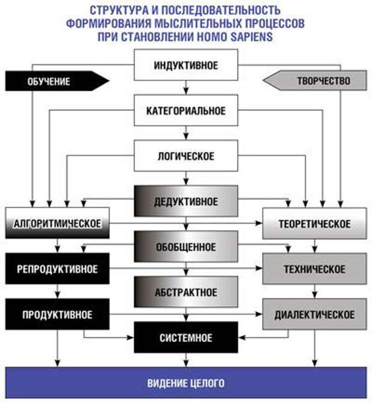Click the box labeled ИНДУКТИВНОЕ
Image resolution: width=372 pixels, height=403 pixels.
point(185,64)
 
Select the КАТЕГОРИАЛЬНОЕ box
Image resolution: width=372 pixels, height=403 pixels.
point(185,111)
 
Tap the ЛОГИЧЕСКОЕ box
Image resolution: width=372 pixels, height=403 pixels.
point(185,157)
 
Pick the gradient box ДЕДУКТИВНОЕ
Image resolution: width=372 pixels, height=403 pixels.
point(185,201)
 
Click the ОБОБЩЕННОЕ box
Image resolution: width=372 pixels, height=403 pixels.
point(185,246)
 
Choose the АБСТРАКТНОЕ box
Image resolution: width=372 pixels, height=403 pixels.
point(185,292)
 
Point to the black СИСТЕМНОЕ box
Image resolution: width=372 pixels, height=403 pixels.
point(185,338)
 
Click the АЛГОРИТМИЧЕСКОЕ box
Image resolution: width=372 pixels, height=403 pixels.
point(58,223)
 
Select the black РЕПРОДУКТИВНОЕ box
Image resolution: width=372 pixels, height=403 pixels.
point(58,269)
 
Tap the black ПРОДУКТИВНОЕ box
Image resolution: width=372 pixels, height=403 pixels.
point(58,314)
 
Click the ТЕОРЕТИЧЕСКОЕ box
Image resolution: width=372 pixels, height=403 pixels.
point(314,224)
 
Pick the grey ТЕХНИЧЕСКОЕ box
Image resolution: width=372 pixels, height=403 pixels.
point(314,269)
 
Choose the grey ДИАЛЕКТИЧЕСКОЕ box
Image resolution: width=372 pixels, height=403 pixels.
point(314,314)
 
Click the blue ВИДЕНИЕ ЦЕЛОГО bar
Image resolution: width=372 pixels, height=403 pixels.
point(185,383)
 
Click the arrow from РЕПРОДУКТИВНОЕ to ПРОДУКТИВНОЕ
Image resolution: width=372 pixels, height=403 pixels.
point(58,292)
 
